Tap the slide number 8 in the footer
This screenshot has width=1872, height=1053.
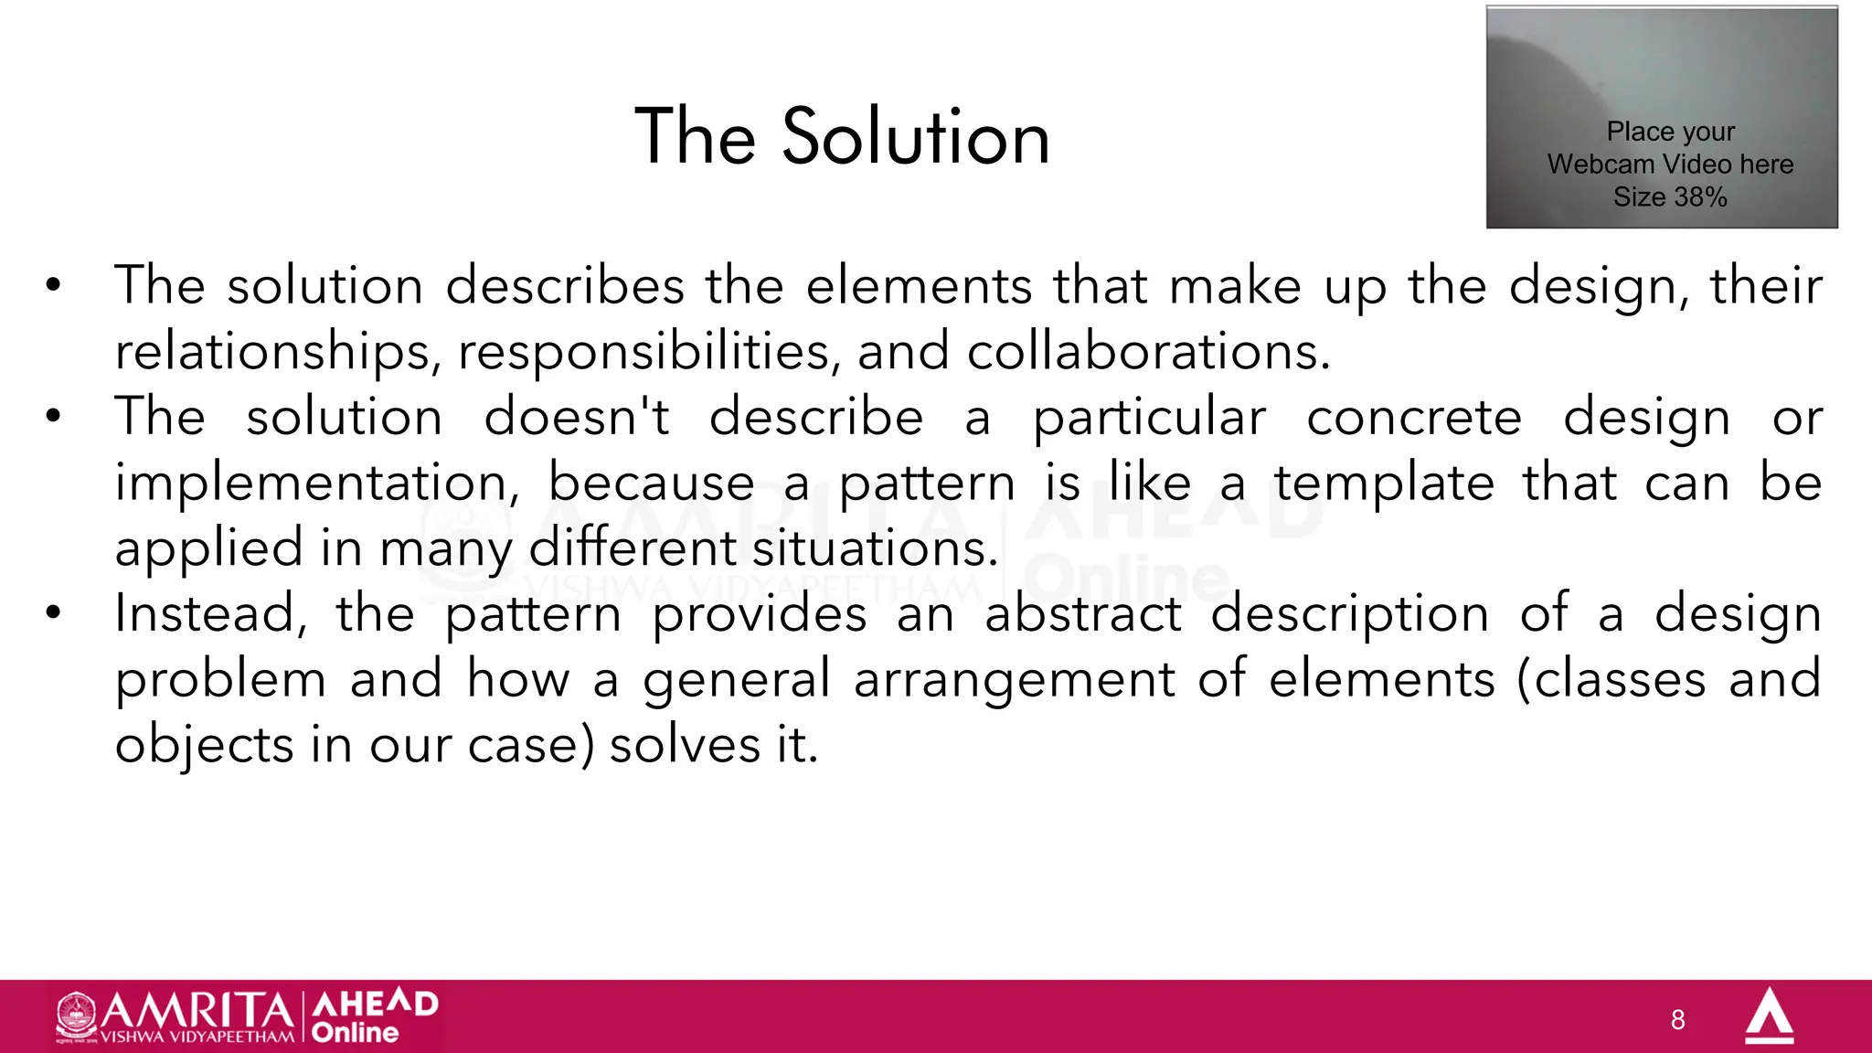(1677, 1020)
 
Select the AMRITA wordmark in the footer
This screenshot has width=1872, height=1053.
(197, 1010)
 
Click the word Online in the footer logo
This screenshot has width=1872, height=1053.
(355, 1033)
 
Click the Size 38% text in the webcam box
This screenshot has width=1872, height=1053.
(1669, 197)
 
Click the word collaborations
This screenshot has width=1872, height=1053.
(1148, 352)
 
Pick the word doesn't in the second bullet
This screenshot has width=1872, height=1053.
(577, 418)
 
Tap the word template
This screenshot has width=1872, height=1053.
(1384, 483)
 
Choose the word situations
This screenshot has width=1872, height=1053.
(875, 548)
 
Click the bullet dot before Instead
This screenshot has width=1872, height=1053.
(54, 613)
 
